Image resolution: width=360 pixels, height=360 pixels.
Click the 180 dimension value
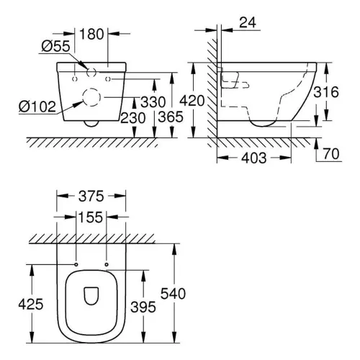point(91,34)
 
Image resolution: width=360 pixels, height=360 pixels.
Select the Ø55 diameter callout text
point(55,46)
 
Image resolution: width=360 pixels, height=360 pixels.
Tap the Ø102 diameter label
point(37,107)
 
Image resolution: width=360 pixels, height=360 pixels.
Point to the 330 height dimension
point(153,102)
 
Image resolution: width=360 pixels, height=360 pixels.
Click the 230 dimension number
point(132,118)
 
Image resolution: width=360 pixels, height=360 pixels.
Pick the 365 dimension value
point(171,117)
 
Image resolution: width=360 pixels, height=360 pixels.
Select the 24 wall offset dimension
point(248,22)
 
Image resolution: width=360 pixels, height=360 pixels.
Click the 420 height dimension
point(192,101)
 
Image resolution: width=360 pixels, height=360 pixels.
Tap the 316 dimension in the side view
point(326,92)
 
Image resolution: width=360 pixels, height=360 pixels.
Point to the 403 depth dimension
point(254,158)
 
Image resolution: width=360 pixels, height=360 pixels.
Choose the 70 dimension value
point(331,154)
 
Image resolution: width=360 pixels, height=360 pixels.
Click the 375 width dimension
point(91,197)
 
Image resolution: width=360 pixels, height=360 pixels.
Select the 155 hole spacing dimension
point(91,217)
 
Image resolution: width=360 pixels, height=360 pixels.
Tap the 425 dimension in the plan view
point(31,305)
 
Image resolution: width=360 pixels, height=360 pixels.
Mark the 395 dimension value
point(143,307)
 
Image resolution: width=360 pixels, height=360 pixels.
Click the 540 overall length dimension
point(173,294)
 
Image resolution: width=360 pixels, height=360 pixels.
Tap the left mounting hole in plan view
point(76,264)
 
